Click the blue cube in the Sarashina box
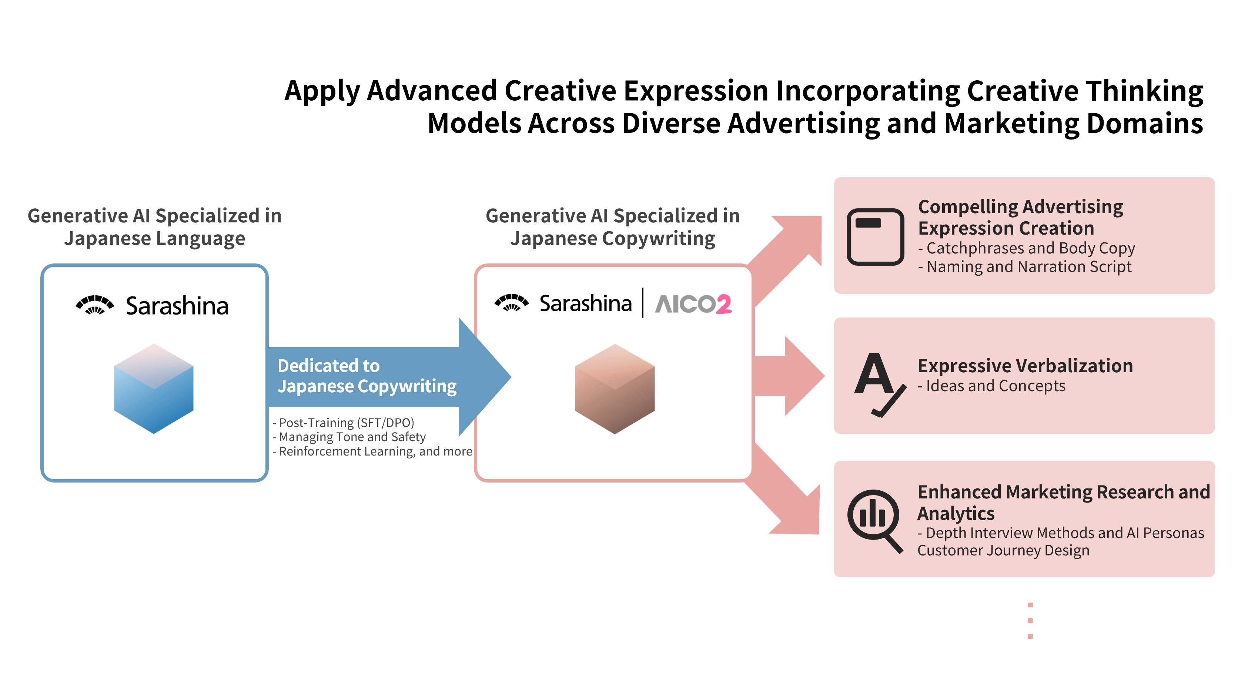[153, 388]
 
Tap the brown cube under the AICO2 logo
[615, 388]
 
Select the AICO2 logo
[693, 304]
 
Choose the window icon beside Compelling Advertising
[875, 236]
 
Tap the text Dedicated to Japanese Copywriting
[367, 376]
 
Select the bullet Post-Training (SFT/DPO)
[343, 423]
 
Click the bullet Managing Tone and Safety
[349, 437]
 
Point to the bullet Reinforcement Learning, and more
[372, 451]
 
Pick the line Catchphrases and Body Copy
[1026, 248]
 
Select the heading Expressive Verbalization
[1025, 366]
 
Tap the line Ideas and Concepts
[991, 386]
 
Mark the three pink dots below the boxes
[1030, 620]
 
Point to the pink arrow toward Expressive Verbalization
[788, 376]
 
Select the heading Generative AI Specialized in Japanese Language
[155, 227]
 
